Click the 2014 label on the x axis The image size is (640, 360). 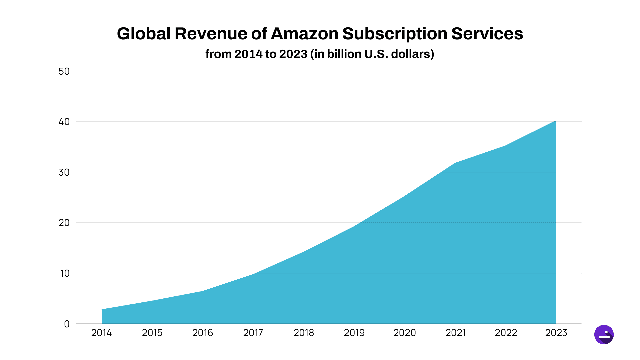click(x=101, y=333)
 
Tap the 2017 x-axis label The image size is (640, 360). click(x=253, y=333)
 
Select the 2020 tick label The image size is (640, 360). click(x=404, y=333)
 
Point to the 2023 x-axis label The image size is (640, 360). click(x=556, y=333)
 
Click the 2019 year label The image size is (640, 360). click(x=354, y=333)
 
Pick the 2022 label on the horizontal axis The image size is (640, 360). click(x=506, y=333)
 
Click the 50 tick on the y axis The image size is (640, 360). click(x=64, y=71)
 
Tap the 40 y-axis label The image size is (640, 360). click(x=64, y=122)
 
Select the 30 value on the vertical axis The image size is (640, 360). click(x=64, y=172)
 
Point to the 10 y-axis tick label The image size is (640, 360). click(x=65, y=273)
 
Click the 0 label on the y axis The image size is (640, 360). click(x=67, y=324)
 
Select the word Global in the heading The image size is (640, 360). click(x=144, y=34)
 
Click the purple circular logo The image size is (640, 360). click(x=604, y=334)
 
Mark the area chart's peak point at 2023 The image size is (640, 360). click(x=556, y=121)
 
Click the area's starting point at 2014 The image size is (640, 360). click(x=102, y=309)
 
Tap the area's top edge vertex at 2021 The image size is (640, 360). click(x=455, y=163)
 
